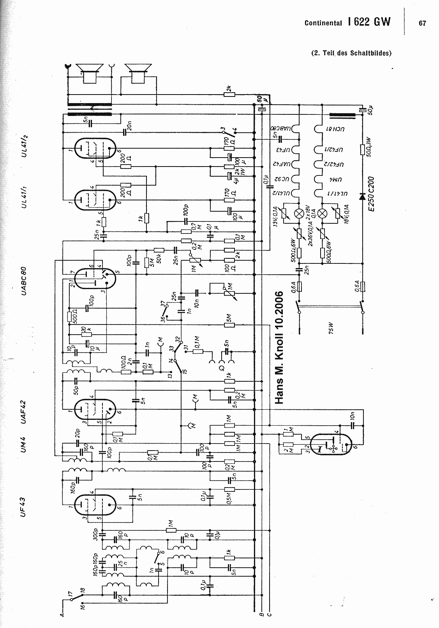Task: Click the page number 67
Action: pos(422,23)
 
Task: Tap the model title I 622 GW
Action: pos(369,22)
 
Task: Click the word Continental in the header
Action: pos(323,23)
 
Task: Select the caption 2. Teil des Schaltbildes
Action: pos(351,53)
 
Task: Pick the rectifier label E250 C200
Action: pos(371,193)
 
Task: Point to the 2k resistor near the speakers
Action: pos(230,93)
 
